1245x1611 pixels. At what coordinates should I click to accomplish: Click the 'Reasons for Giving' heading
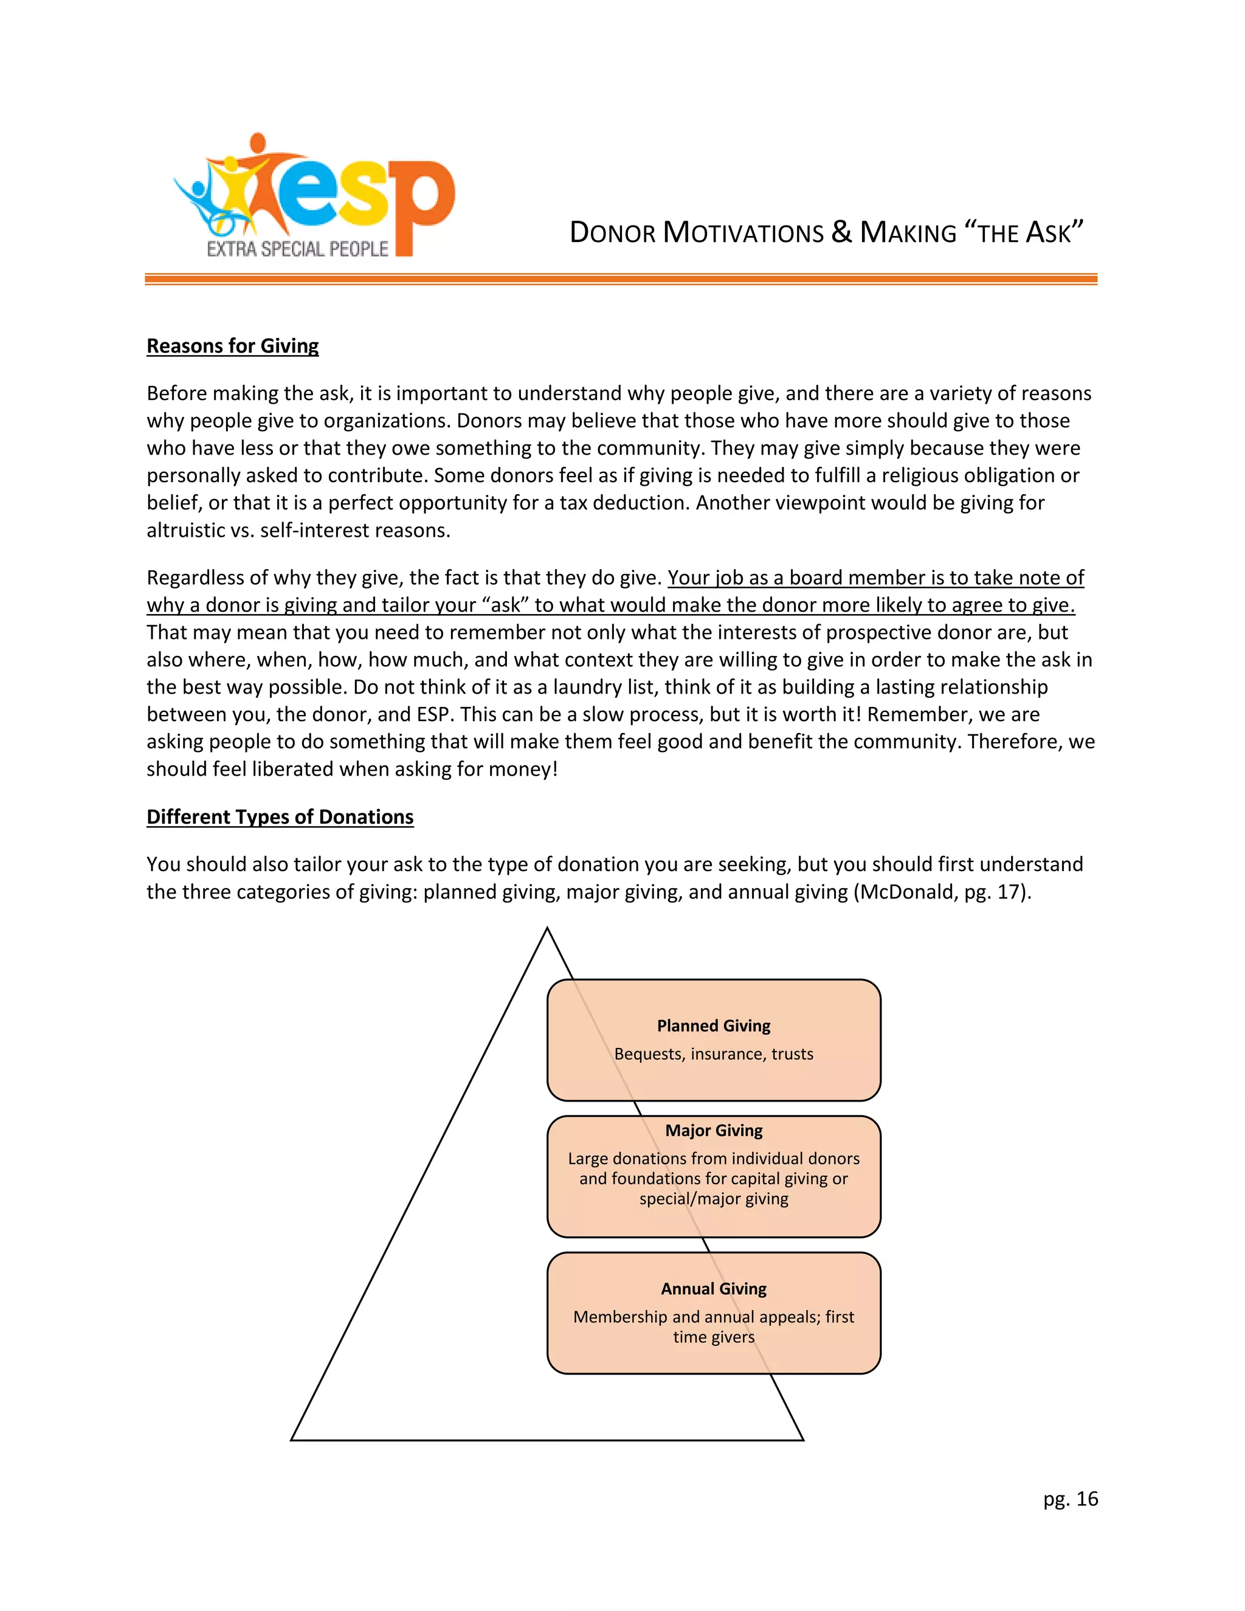(232, 346)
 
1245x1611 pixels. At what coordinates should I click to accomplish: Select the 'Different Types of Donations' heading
(280, 816)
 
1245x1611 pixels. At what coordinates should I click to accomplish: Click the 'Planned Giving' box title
(713, 1026)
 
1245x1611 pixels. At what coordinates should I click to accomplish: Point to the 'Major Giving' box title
(713, 1130)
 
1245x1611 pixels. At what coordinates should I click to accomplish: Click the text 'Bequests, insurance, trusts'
(713, 1054)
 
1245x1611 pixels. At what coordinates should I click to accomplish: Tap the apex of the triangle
(547, 929)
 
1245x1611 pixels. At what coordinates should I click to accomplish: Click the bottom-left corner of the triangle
(292, 1439)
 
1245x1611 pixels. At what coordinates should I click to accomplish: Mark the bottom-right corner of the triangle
(802, 1439)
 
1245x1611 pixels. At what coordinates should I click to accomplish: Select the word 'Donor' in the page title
(612, 232)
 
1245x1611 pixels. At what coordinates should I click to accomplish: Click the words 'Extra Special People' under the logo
(297, 249)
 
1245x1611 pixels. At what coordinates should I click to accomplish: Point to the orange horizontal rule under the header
(620, 279)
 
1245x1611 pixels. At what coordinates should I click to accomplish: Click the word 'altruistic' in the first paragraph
(185, 530)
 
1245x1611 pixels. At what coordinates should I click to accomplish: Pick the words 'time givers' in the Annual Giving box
(713, 1337)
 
